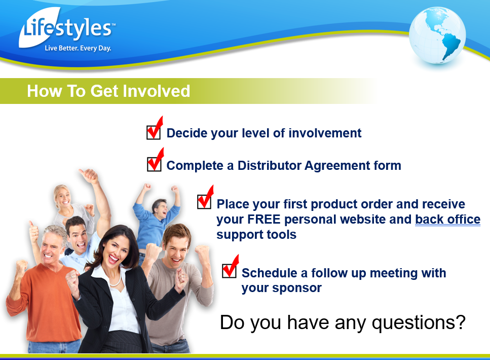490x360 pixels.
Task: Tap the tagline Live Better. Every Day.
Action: [x=78, y=48]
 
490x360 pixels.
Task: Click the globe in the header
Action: [x=437, y=35]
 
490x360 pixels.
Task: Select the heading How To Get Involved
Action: [x=108, y=91]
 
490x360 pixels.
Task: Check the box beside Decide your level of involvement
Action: [x=154, y=132]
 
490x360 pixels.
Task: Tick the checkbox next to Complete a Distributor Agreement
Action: [x=154, y=164]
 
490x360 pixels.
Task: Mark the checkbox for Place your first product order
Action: [x=204, y=202]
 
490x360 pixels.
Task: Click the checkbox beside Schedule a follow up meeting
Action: [x=229, y=271]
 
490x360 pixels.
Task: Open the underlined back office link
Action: [x=447, y=219]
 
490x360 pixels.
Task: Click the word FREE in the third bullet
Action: [x=264, y=219]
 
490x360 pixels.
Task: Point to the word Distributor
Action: [x=270, y=165]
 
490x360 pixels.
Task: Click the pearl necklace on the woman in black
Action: [x=115, y=281]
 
